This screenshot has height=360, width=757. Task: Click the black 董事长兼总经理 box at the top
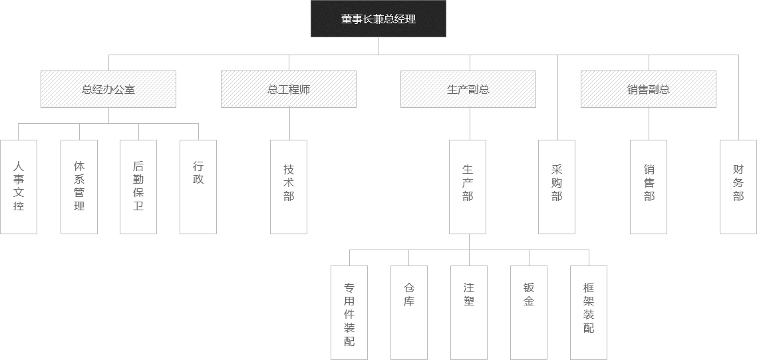click(x=378, y=19)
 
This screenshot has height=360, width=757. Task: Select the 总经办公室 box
click(x=108, y=89)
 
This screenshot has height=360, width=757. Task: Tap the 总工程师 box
click(x=289, y=89)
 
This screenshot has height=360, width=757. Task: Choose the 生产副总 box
click(x=468, y=89)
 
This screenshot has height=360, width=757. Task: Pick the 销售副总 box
click(x=649, y=89)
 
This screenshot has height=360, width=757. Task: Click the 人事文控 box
click(x=19, y=186)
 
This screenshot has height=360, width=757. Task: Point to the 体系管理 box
click(x=79, y=186)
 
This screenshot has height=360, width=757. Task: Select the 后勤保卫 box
click(x=138, y=186)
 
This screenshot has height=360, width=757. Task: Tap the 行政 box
click(x=198, y=186)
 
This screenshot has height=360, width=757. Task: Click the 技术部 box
click(x=289, y=186)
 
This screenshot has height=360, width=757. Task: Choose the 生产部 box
click(x=468, y=186)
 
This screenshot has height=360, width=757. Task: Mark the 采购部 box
click(x=557, y=186)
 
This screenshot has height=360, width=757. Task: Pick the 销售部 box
click(x=649, y=186)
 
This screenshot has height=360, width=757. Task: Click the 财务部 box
click(x=738, y=186)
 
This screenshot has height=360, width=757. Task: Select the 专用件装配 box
click(x=349, y=313)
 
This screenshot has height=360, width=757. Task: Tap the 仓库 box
click(x=409, y=313)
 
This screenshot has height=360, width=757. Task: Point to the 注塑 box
click(x=469, y=313)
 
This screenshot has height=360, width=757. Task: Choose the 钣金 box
click(x=529, y=313)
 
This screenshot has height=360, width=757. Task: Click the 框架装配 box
click(x=589, y=313)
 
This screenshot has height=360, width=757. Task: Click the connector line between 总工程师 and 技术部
click(x=289, y=124)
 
